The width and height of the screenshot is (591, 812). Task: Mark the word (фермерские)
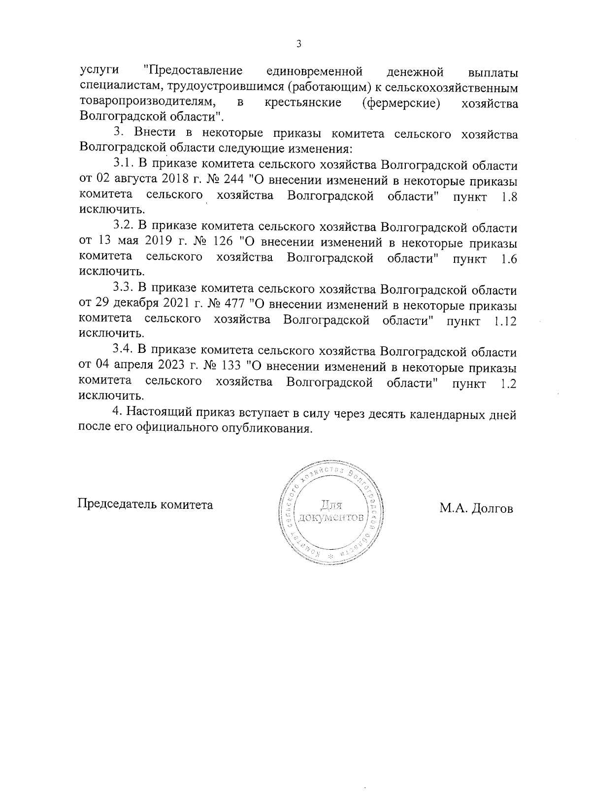coord(408,103)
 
